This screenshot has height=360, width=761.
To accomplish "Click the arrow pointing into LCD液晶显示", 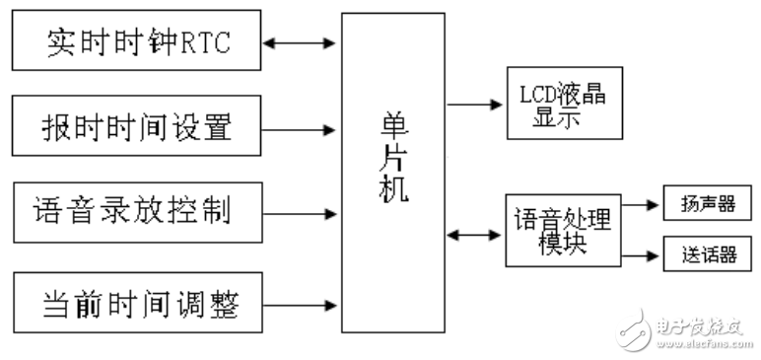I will tap(475, 103).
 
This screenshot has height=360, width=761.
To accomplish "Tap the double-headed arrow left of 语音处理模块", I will tap(475, 234).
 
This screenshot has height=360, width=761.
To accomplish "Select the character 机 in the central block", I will tap(393, 188).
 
